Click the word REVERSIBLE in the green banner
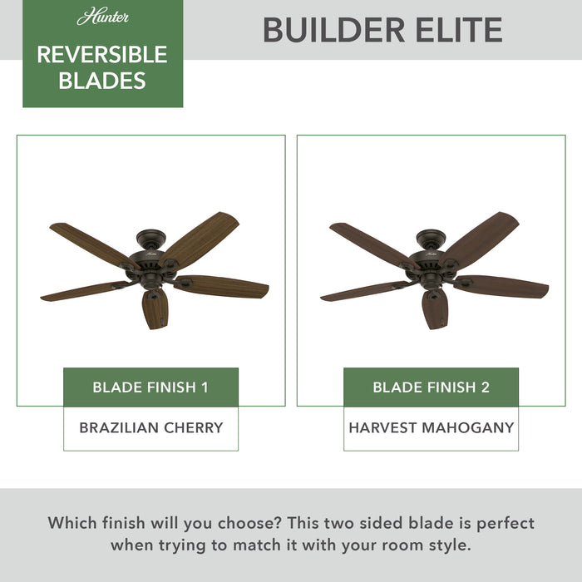pyautogui.click(x=102, y=55)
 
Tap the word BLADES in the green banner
pyautogui.click(x=102, y=81)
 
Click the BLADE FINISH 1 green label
pyautogui.click(x=150, y=387)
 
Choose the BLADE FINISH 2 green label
pyautogui.click(x=431, y=387)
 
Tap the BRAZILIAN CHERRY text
pyautogui.click(x=150, y=428)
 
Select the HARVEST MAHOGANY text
pyautogui.click(x=431, y=428)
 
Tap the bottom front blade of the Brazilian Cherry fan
pyautogui.click(x=155, y=308)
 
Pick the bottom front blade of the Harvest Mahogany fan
pyautogui.click(x=435, y=308)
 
